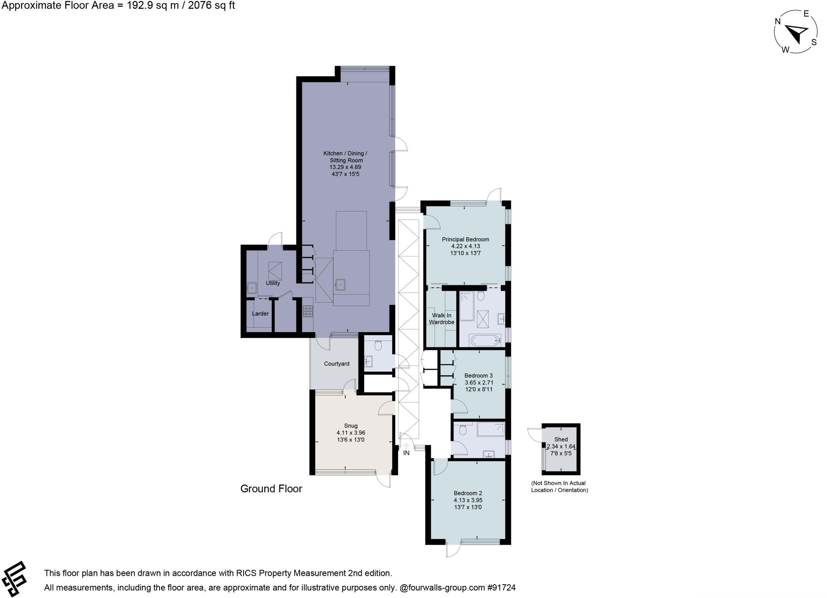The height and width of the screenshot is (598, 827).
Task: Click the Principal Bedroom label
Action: point(465,239)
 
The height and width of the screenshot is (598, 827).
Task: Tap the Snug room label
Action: point(351,426)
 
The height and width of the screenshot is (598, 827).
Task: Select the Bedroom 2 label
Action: point(468,493)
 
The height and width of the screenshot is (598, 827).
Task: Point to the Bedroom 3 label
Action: point(478,376)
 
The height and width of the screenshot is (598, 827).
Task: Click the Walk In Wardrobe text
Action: point(441,319)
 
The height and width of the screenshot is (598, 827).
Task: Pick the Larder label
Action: point(260,314)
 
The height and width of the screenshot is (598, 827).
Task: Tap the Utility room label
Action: point(273,283)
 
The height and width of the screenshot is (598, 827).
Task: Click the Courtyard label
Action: point(336,364)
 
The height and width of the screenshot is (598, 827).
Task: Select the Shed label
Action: point(561,439)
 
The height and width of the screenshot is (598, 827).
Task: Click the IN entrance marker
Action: point(406,453)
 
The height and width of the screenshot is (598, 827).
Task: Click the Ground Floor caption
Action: point(271,489)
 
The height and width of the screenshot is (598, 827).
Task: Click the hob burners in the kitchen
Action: point(308,311)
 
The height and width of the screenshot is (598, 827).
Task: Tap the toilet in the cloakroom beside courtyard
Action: point(378,345)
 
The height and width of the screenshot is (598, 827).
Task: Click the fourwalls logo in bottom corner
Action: point(14,579)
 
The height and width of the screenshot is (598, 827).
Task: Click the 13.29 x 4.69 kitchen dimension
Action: point(345,167)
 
